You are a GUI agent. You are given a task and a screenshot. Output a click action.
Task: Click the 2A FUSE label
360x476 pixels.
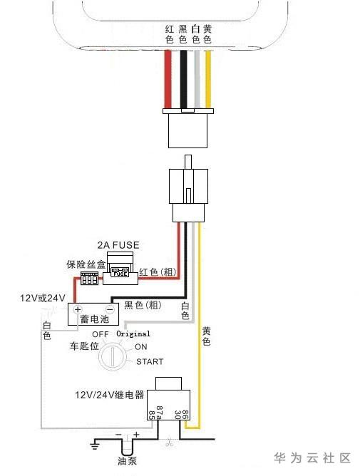[x=118, y=245]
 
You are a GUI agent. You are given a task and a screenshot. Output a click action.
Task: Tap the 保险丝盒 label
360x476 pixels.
[x=86, y=264]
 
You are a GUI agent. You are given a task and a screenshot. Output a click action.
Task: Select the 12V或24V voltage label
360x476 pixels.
[x=43, y=298]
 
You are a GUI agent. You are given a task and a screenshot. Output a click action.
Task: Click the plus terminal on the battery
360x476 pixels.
[x=78, y=309]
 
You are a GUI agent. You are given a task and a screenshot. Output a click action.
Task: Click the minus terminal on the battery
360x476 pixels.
[x=110, y=309]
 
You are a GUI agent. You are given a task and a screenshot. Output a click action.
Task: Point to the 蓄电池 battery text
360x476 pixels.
[x=95, y=319]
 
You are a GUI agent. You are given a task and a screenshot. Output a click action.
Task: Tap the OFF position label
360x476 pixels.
[x=101, y=334]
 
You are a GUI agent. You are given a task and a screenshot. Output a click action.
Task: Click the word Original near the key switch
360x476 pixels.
[x=133, y=334]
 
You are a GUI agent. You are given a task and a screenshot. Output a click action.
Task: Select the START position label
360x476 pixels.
[x=150, y=361]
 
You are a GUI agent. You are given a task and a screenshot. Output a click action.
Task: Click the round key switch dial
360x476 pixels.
[x=112, y=356]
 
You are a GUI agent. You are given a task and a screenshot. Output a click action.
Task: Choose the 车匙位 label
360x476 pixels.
[x=84, y=346]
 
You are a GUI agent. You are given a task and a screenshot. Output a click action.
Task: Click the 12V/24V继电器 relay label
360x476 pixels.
[x=109, y=395]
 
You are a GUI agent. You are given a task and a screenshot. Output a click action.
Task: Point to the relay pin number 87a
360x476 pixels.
[x=160, y=413]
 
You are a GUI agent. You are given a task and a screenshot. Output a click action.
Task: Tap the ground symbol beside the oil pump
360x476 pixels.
[x=95, y=445]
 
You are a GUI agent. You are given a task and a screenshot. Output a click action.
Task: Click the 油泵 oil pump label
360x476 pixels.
[x=128, y=461]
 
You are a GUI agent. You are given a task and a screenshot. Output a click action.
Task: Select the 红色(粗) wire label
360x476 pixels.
[x=158, y=271]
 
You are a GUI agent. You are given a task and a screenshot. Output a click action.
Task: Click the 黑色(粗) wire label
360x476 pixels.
[x=143, y=305]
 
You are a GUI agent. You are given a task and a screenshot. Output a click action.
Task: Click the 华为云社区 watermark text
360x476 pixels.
[x=312, y=457]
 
